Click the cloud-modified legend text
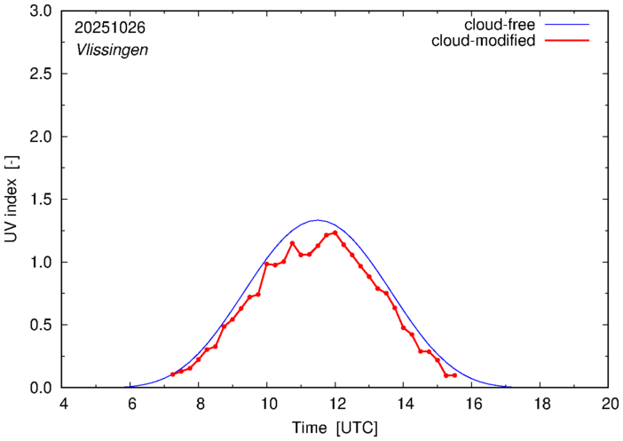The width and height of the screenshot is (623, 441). pyautogui.click(x=483, y=41)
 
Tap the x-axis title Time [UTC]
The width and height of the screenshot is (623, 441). pyautogui.click(x=335, y=428)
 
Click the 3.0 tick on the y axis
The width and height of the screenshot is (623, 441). pyautogui.click(x=41, y=12)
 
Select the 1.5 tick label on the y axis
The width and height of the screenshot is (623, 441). pyautogui.click(x=41, y=200)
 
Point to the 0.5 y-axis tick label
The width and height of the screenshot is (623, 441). pyautogui.click(x=41, y=325)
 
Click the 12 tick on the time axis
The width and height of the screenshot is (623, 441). pyautogui.click(x=335, y=404)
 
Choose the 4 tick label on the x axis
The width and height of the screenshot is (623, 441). pyautogui.click(x=63, y=404)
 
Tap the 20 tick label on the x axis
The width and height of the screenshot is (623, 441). pyautogui.click(x=608, y=404)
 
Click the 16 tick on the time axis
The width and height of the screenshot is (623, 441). pyautogui.click(x=471, y=404)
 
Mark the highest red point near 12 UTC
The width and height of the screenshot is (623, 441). pyautogui.click(x=335, y=232)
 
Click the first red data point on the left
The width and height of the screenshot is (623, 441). pyautogui.click(x=173, y=374)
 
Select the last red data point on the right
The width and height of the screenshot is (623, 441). pyautogui.click(x=454, y=375)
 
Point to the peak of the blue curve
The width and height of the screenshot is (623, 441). pyautogui.click(x=318, y=220)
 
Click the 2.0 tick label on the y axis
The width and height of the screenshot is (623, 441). pyautogui.click(x=41, y=137)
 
